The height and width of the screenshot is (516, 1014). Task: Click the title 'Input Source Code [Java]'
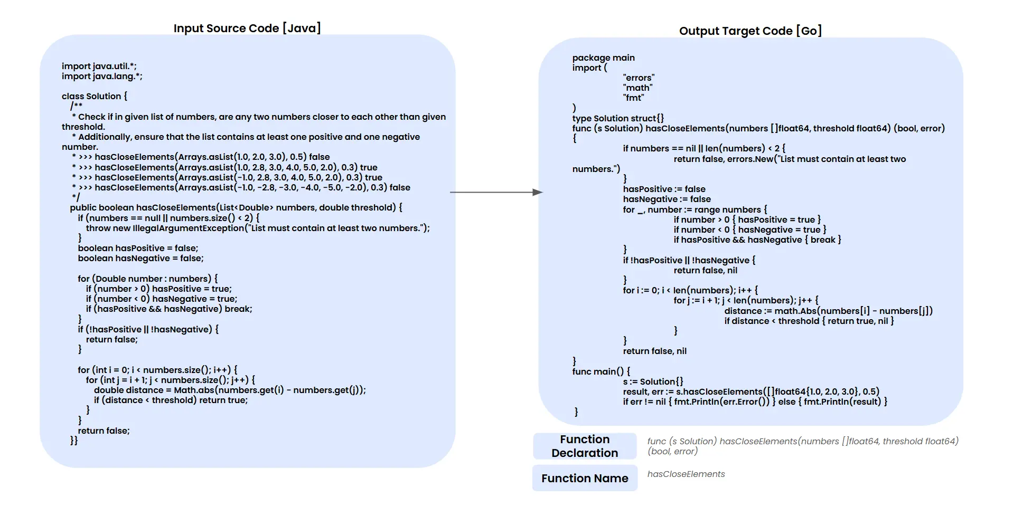(x=247, y=28)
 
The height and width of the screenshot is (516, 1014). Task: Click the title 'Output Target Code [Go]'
(x=750, y=31)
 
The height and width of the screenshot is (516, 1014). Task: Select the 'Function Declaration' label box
(x=585, y=446)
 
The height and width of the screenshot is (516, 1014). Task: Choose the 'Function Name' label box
(x=585, y=479)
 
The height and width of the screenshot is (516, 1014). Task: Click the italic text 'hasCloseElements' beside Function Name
(x=686, y=474)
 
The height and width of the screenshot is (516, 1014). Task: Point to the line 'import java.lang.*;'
(x=102, y=77)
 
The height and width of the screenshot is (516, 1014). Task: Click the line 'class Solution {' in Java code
(x=94, y=97)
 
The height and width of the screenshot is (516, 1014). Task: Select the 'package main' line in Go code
(x=603, y=58)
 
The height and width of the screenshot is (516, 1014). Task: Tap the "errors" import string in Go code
(x=639, y=78)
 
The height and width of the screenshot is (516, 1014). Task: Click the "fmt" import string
(x=633, y=98)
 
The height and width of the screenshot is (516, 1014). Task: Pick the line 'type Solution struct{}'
(x=618, y=119)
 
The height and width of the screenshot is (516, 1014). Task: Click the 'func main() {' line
(x=601, y=372)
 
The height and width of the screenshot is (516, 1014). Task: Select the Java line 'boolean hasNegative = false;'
(x=140, y=259)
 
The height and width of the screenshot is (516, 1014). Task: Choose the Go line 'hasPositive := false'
(x=664, y=189)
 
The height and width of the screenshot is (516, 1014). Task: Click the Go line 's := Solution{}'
(x=653, y=382)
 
